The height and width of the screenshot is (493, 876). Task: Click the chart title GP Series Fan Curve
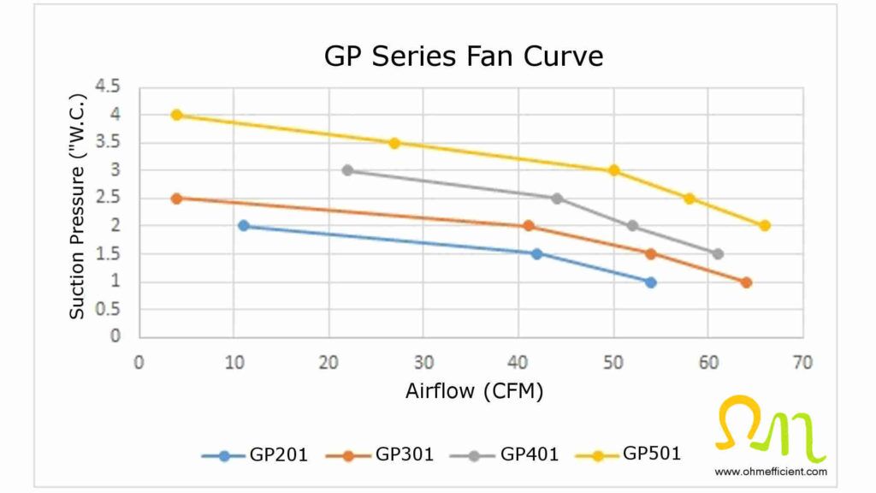click(463, 56)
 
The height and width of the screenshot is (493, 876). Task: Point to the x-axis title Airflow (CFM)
click(474, 391)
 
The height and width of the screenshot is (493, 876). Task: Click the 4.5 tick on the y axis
click(109, 86)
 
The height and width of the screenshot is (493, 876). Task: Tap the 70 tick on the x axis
click(802, 362)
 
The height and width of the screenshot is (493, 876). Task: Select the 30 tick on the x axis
click(423, 362)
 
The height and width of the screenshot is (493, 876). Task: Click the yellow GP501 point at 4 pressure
click(177, 115)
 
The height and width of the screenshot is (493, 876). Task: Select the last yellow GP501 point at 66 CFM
click(765, 226)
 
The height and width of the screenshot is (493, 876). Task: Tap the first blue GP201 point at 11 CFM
click(244, 226)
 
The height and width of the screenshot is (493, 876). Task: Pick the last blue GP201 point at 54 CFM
click(651, 282)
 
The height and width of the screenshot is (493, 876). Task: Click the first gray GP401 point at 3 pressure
click(347, 170)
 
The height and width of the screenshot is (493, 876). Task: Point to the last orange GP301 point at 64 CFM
click(746, 282)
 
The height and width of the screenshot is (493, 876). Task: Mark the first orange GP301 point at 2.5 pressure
click(177, 199)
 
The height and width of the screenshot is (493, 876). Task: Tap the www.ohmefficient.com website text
click(771, 472)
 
